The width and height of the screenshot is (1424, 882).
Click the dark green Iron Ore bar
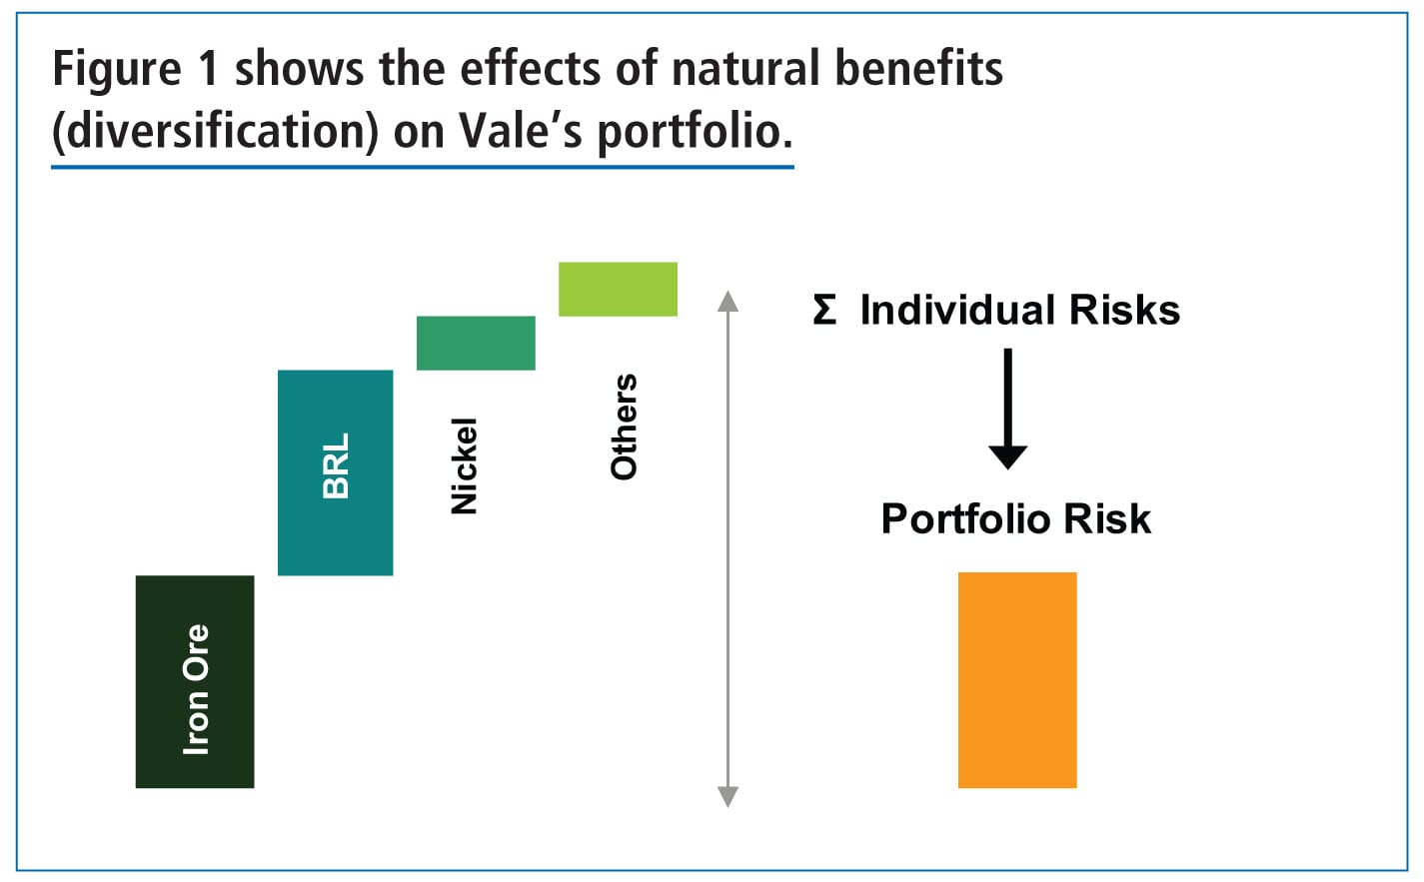[195, 681]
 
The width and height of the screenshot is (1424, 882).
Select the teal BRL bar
[335, 472]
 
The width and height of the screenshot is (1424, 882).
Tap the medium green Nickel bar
[476, 343]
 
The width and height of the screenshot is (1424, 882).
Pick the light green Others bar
[618, 289]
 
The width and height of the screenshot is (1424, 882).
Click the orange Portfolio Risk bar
[1017, 680]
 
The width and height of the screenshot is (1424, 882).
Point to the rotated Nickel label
[465, 466]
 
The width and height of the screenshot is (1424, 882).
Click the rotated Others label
[624, 428]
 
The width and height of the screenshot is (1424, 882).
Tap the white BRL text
[336, 465]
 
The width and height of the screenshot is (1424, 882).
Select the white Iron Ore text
[196, 689]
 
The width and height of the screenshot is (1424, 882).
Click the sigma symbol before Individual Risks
[824, 310]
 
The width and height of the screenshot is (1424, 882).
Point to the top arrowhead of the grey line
[728, 300]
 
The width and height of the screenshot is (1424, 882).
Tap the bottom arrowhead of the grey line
[728, 796]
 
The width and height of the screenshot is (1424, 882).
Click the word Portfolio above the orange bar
[951, 519]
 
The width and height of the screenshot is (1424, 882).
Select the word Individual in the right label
[959, 310]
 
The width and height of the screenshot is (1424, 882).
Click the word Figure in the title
[116, 70]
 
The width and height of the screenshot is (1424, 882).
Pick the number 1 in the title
[207, 70]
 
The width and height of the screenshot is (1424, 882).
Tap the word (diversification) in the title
[215, 132]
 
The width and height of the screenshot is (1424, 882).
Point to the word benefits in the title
[918, 70]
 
